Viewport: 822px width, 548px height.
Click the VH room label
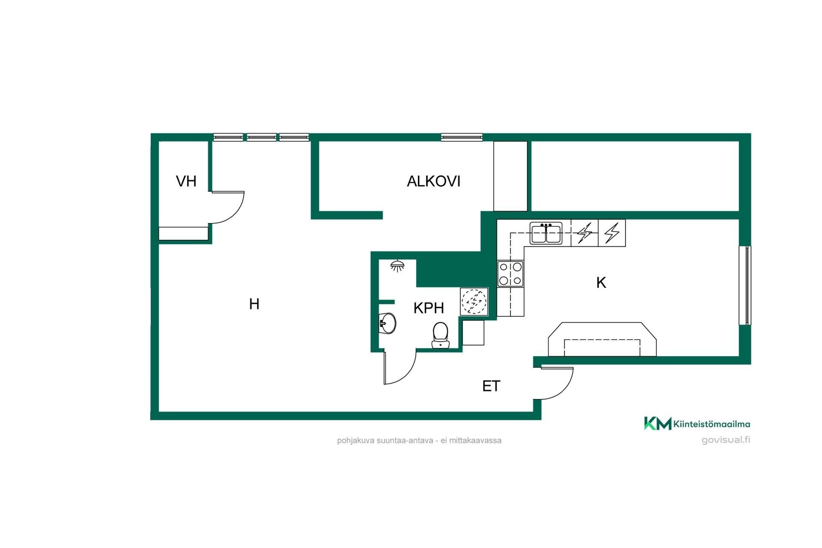(186, 181)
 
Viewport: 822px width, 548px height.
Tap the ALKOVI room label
(433, 182)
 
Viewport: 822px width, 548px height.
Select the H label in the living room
(254, 304)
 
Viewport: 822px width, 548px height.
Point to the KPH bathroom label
(429, 308)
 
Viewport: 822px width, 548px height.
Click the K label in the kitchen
(601, 283)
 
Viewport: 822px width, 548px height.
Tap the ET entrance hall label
(491, 386)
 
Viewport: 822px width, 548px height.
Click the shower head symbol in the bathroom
(398, 266)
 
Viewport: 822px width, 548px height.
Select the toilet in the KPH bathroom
(440, 335)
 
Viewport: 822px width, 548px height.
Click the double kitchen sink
(546, 233)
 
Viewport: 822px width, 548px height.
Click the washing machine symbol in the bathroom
(474, 302)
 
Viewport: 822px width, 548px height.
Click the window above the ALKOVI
(462, 137)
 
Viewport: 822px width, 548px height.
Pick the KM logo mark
(658, 423)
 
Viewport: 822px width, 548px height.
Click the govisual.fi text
(726, 440)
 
